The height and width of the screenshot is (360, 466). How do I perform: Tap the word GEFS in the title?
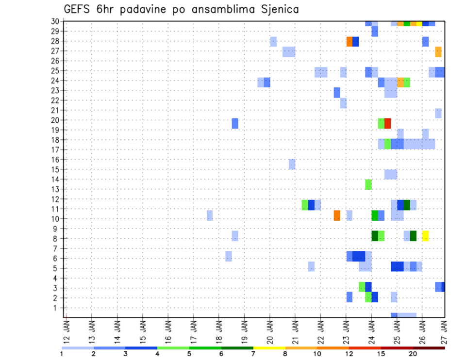click(x=77, y=9)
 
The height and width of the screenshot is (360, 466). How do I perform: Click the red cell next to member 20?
click(x=387, y=123)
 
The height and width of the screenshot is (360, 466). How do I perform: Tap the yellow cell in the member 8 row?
click(x=425, y=236)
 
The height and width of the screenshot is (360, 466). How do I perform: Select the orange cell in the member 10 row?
click(x=337, y=215)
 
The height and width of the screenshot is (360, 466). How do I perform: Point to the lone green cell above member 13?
click(x=368, y=184)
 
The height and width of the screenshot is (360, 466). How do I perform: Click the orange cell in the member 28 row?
click(x=349, y=42)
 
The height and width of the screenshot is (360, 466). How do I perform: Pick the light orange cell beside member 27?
click(x=438, y=51)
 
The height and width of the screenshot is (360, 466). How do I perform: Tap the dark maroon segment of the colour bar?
click(x=429, y=348)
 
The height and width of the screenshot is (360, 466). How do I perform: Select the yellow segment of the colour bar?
click(x=269, y=348)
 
